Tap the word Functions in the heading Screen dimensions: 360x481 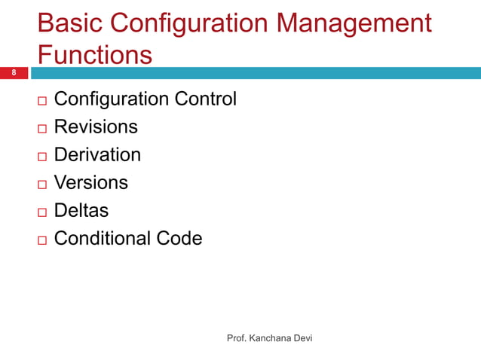coord(94,55)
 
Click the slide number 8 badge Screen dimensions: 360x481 coord(13,73)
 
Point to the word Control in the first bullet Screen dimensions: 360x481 coord(206,99)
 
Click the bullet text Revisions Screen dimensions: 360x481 coord(96,127)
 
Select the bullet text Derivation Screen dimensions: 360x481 coord(97,154)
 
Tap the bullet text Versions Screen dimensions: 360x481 coord(91,182)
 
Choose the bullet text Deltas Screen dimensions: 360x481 coord(81,210)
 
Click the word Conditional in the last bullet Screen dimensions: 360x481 coord(103,238)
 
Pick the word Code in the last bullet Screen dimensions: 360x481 coord(179,238)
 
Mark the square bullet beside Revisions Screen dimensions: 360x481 coord(41,128)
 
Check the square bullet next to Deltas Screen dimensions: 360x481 coord(41,212)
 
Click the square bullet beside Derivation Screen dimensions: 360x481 coord(41,156)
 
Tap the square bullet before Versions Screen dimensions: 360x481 coord(41,184)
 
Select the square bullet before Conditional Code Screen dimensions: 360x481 coord(41,239)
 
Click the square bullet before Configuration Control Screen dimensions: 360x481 coord(41,100)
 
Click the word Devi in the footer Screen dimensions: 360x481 coord(302,339)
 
